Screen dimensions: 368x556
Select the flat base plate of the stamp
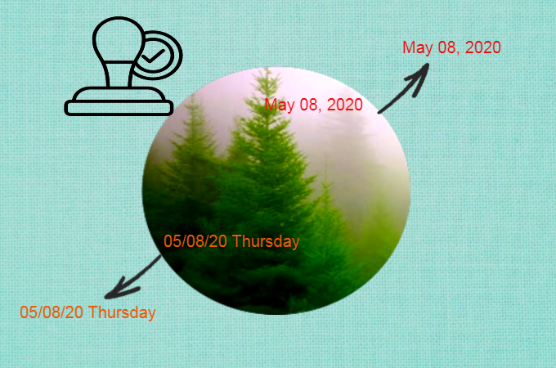coord(119,106)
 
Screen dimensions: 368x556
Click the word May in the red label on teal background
coord(417,47)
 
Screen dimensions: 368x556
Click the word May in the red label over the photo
coord(279,105)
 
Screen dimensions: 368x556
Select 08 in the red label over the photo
coord(307,105)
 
